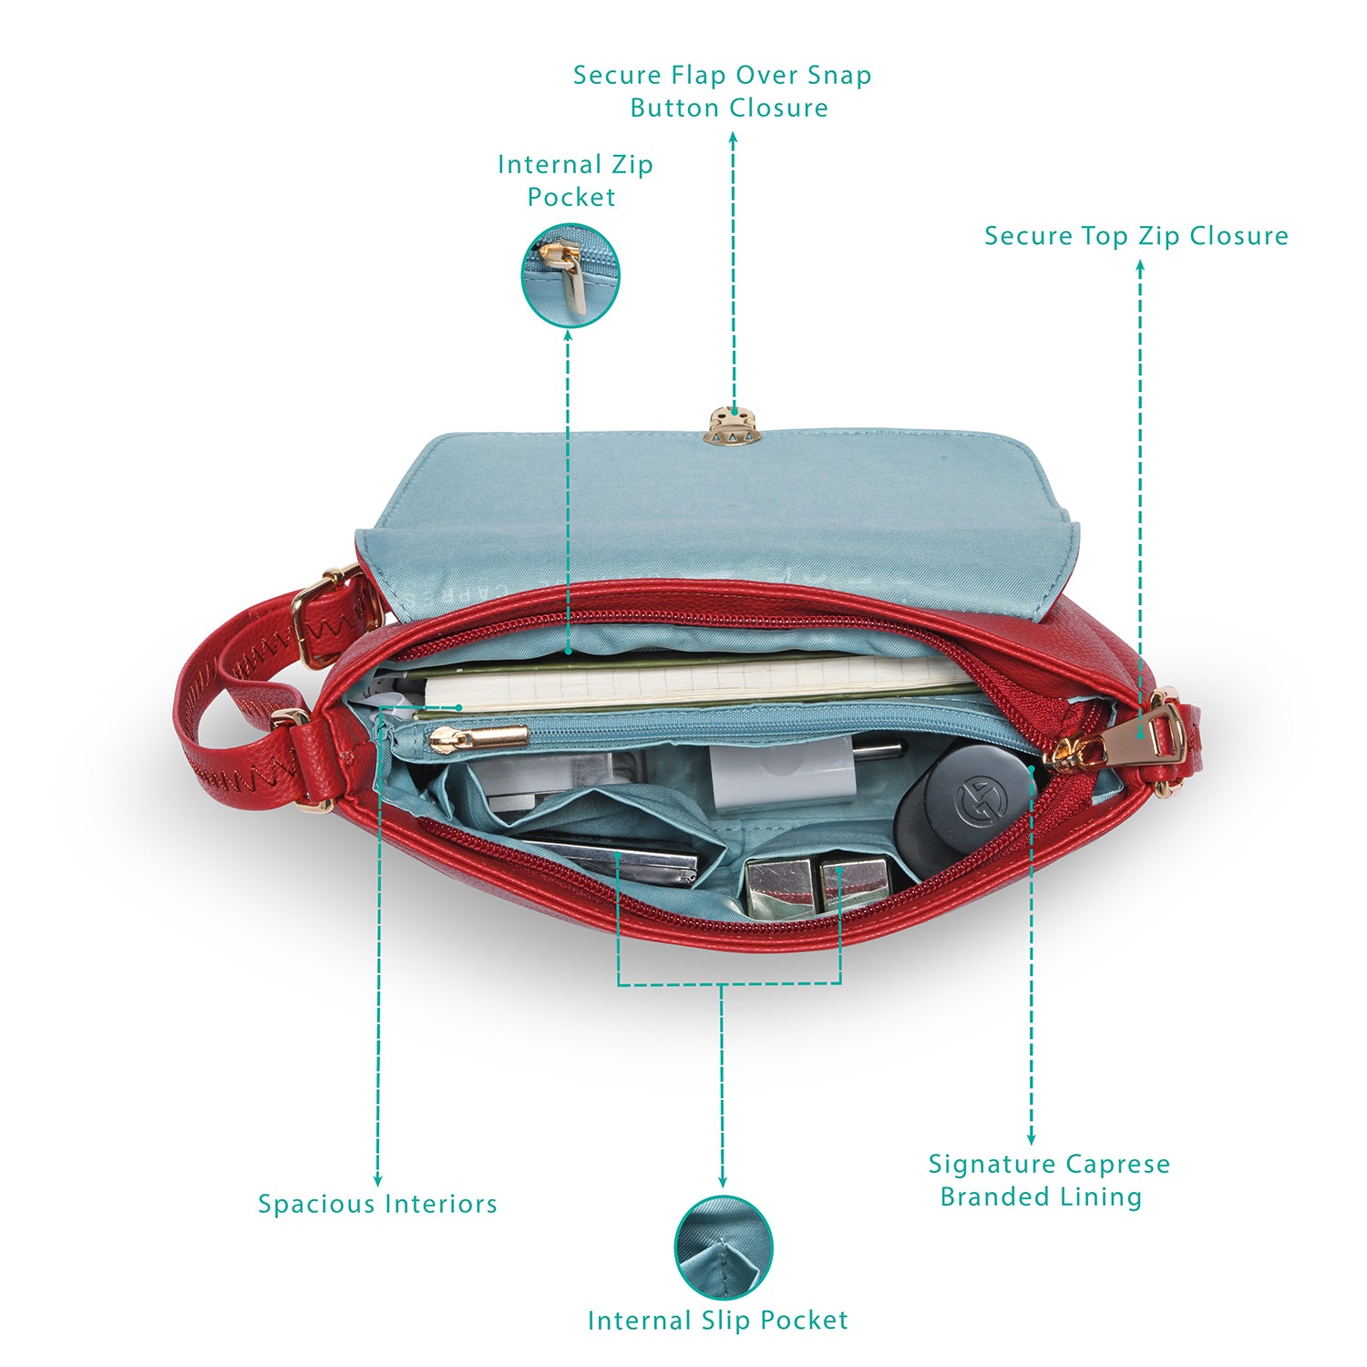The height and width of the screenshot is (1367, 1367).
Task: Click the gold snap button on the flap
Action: click(x=733, y=425)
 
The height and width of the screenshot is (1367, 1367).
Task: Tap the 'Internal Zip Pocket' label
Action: click(x=574, y=180)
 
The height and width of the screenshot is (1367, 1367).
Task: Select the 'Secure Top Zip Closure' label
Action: click(x=1136, y=236)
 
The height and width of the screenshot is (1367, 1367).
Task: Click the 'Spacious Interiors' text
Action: click(x=377, y=1204)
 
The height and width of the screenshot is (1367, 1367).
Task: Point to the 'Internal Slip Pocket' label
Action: click(x=717, y=1321)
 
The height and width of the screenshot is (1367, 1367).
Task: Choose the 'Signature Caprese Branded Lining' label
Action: click(x=1048, y=1180)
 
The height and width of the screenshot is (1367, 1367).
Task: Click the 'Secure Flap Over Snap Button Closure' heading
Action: click(x=723, y=91)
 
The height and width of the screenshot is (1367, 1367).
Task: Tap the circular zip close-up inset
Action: click(x=570, y=275)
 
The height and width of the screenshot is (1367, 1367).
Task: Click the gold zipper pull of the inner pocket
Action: click(x=478, y=738)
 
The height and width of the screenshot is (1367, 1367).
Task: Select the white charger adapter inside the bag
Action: click(x=782, y=775)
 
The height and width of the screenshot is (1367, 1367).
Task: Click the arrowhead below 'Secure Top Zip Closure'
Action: click(x=1139, y=267)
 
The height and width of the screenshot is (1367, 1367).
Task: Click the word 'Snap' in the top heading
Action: click(x=840, y=77)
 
